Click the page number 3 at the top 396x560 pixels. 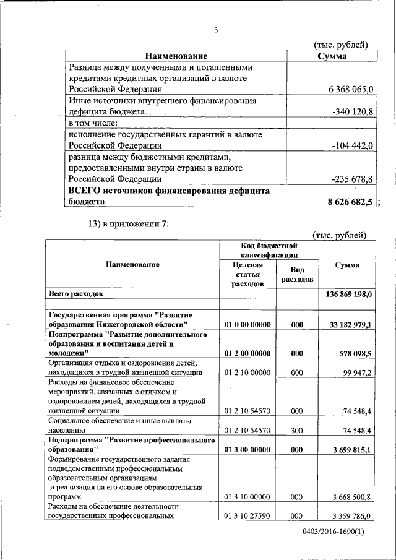coord(216,30)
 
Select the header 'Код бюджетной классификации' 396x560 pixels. coord(270,251)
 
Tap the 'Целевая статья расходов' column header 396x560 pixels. coord(247,274)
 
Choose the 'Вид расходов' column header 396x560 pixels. coord(297,275)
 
